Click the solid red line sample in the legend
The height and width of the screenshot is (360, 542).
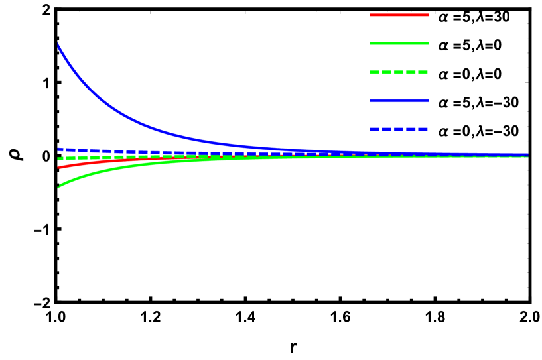(x=399, y=15)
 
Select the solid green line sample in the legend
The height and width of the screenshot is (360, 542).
(x=399, y=43)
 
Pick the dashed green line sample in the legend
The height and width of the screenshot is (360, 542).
(x=399, y=72)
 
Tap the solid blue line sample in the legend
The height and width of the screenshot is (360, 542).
(x=399, y=101)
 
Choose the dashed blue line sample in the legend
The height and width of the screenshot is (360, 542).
(x=399, y=129)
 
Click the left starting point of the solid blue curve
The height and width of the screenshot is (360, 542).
(x=58, y=44)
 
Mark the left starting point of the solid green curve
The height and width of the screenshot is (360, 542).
(x=58, y=187)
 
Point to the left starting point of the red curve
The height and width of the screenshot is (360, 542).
(x=59, y=167)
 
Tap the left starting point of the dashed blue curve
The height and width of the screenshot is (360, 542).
(x=59, y=149)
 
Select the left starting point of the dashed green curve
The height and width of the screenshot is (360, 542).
(x=59, y=158)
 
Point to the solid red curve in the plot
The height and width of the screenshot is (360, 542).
(x=100, y=161)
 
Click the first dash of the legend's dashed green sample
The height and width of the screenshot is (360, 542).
(x=374, y=72)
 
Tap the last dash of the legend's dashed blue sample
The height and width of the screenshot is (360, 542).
(x=423, y=129)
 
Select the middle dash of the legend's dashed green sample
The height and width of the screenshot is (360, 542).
(x=399, y=72)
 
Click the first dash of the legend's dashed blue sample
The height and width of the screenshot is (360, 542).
(x=374, y=129)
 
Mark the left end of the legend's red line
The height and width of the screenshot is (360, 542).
(x=371, y=15)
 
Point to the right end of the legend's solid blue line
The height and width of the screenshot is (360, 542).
(x=428, y=101)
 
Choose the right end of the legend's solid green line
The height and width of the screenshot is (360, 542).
(x=428, y=43)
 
